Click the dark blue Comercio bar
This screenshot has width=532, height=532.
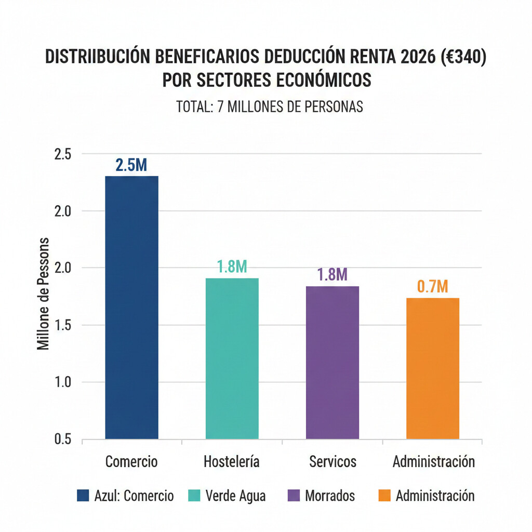131,308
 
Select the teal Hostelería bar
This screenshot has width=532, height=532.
232,358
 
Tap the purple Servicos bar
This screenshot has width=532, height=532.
332,362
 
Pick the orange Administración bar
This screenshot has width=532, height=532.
432,368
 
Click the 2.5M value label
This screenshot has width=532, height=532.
131,165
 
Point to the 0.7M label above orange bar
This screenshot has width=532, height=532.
432,287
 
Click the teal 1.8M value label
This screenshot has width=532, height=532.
232,267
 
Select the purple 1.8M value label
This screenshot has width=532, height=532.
332,274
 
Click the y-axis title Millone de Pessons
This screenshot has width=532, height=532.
44,294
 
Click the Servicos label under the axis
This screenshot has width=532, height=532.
332,461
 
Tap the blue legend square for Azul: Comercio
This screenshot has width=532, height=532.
83,496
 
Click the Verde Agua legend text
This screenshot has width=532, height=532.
235,496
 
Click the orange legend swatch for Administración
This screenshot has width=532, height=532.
384,496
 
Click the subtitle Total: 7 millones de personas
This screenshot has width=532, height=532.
269,107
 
